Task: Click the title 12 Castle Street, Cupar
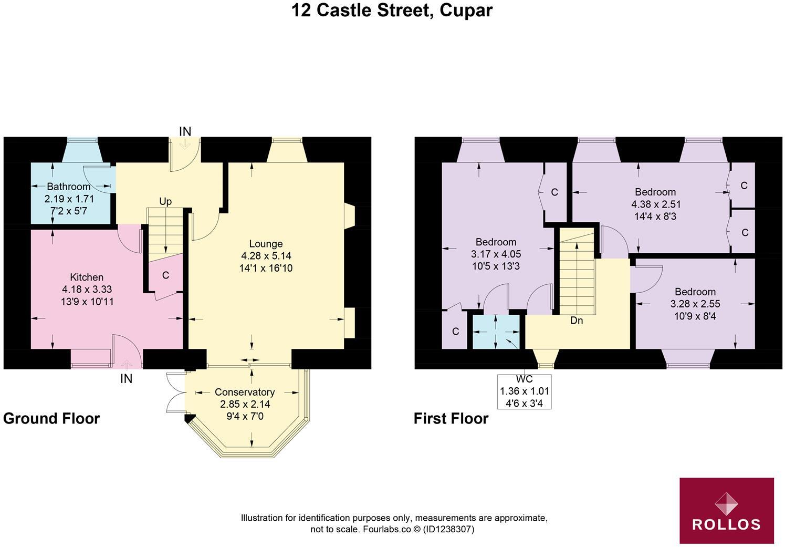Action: (392, 10)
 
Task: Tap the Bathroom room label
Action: (68, 187)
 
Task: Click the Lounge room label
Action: (266, 244)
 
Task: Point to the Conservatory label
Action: (245, 392)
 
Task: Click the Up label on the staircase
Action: (165, 202)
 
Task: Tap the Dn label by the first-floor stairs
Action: (576, 321)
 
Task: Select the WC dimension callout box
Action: (524, 391)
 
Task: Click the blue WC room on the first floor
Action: (496, 332)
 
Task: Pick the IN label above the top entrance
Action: (185, 131)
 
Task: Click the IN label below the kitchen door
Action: (126, 378)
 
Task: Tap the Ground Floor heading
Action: (51, 418)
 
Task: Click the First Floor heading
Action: (451, 418)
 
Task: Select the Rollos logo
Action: (727, 510)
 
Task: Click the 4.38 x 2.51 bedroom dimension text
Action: (655, 204)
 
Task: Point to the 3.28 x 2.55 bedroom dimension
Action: (695, 304)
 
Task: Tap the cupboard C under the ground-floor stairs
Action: (165, 275)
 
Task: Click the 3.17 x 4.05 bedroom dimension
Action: (496, 254)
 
